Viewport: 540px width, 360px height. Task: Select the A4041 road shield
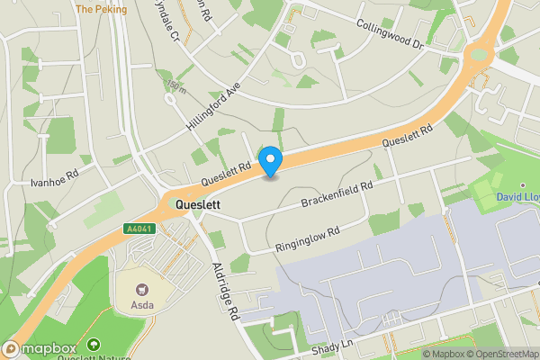click(138, 229)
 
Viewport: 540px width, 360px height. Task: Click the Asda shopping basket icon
click(140, 290)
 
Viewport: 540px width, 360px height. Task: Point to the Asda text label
click(141, 304)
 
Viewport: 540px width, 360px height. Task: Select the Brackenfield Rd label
click(337, 193)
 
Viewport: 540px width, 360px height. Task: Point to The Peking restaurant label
click(102, 9)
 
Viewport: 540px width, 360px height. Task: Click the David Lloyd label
click(517, 196)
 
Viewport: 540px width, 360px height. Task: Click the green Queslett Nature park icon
click(94, 344)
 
